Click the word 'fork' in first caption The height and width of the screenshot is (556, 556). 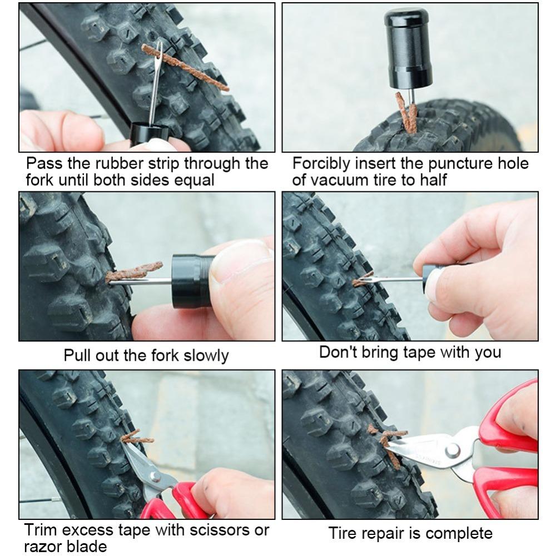point(40,181)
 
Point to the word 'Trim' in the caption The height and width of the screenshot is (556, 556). point(43,530)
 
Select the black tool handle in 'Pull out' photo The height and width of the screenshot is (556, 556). point(192,281)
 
